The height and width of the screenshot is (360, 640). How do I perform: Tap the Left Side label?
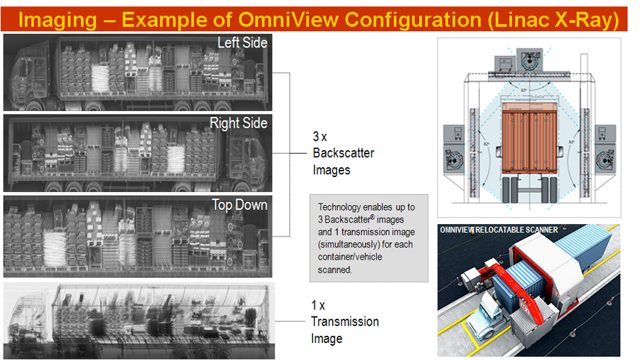[242, 43]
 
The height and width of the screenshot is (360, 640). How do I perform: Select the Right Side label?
[238, 123]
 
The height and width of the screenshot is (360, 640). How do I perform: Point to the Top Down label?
[240, 205]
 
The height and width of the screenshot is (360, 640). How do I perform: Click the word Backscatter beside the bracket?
[343, 153]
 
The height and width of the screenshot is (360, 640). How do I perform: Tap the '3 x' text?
[319, 137]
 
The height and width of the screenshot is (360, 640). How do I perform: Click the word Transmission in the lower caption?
[345, 322]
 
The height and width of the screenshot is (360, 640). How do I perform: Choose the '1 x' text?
[318, 305]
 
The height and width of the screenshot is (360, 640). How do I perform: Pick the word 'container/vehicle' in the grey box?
[350, 257]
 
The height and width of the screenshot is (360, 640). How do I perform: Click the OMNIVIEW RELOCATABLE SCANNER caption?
[498, 231]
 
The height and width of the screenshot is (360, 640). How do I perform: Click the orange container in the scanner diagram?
[529, 137]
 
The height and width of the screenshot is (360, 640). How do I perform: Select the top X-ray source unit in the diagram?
[529, 60]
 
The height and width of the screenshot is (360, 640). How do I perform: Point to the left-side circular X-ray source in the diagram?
[453, 159]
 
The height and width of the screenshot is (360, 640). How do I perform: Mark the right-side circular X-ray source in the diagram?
[605, 159]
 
